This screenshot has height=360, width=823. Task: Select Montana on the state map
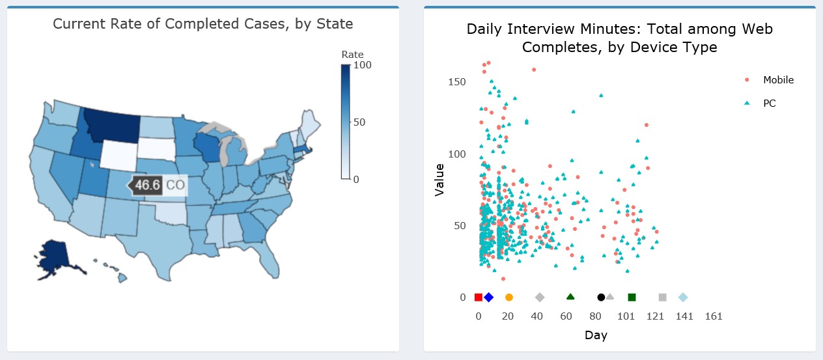[112, 124]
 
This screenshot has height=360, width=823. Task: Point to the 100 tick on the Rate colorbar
[362, 66]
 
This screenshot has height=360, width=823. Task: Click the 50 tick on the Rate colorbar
[359, 122]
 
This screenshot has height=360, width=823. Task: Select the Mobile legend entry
[778, 80]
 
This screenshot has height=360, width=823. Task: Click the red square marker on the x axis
[479, 298]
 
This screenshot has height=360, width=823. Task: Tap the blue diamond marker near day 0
[489, 298]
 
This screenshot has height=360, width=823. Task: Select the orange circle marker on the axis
[509, 298]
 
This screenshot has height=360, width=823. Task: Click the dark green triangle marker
[570, 297]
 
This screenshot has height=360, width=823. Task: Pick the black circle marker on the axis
[601, 298]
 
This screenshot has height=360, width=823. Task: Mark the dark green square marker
[632, 298]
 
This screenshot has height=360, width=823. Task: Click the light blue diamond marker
[683, 298]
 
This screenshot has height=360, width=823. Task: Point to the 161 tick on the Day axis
[714, 316]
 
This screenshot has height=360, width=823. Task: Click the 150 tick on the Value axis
[457, 82]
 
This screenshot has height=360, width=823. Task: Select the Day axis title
[596, 336]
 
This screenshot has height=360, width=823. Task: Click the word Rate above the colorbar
[352, 55]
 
